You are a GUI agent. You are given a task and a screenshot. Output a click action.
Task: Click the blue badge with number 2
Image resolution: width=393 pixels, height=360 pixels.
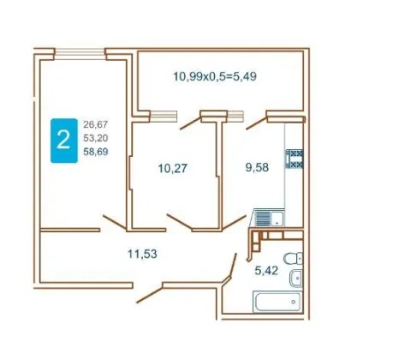[x=64, y=141]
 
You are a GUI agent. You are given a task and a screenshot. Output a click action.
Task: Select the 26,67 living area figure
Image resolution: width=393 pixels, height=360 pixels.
[x=96, y=124]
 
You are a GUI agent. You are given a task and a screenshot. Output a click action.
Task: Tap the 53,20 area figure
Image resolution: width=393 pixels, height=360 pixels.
[x=96, y=138]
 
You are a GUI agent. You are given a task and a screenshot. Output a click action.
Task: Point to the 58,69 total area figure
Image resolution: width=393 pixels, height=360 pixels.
[x=96, y=152]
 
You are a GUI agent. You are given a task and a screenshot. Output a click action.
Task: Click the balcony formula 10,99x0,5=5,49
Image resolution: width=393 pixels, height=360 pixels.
[x=215, y=76]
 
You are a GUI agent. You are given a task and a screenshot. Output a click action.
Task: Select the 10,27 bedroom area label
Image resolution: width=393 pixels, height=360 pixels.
[x=173, y=168]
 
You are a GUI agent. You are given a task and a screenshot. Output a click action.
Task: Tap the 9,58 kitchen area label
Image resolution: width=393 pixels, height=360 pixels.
[x=257, y=167]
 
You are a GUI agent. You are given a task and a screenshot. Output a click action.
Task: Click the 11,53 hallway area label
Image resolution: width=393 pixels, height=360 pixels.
[x=142, y=254]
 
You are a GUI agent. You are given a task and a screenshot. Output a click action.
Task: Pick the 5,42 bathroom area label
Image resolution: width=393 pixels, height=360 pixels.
[x=266, y=270]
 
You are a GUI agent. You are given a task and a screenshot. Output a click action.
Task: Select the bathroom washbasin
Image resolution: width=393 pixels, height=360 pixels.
[x=296, y=278]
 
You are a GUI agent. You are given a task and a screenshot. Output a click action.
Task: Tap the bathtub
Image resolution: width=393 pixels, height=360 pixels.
[x=277, y=302]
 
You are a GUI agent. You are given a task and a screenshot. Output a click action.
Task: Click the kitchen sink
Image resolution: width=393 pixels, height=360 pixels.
[x=267, y=218]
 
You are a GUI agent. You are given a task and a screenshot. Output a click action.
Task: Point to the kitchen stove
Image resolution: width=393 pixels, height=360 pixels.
[x=295, y=159]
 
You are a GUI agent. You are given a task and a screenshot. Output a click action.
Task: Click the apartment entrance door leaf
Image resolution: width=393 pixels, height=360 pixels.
[x=150, y=293]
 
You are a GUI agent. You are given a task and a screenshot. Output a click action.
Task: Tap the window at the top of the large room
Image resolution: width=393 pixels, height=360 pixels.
[x=80, y=54]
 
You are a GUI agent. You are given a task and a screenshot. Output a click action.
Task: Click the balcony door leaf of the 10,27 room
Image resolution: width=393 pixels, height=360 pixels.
[x=190, y=123]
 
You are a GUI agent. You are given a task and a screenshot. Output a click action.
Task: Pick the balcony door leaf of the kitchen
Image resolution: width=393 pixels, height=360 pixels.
[x=257, y=123]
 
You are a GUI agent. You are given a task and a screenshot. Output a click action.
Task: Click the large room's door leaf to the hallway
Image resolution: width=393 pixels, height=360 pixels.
[x=115, y=222]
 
